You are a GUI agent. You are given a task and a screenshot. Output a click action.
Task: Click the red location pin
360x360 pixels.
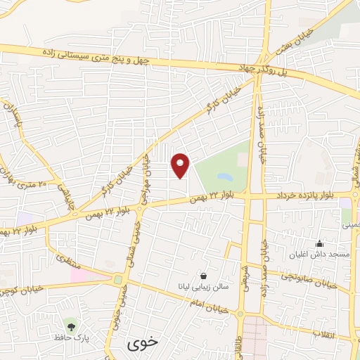181,165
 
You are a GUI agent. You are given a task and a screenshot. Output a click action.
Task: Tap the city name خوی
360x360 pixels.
139,345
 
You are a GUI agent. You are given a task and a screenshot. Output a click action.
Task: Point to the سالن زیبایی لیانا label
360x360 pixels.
204,288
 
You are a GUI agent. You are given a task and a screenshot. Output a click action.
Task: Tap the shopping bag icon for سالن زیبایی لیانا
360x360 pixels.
204,276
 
